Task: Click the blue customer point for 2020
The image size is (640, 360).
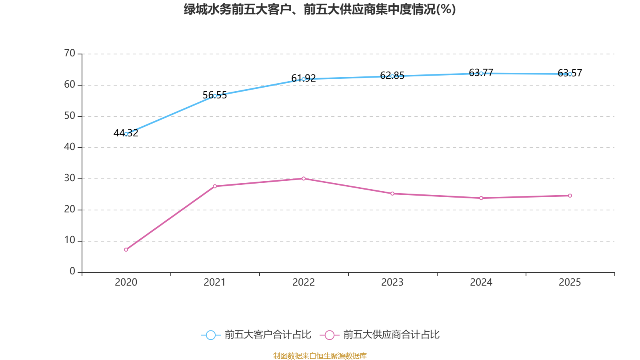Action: pyautogui.click(x=126, y=134)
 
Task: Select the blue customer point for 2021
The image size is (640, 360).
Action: pyautogui.click(x=215, y=96)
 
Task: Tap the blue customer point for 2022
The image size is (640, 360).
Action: pyautogui.click(x=304, y=79)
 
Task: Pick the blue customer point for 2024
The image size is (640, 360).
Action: pyautogui.click(x=481, y=73)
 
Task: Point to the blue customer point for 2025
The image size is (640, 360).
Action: pyautogui.click(x=570, y=74)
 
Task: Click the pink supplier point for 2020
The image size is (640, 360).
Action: pyautogui.click(x=126, y=250)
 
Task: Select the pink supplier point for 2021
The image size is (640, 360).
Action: pyautogui.click(x=215, y=186)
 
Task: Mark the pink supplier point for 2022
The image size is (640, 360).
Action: pyautogui.click(x=304, y=178)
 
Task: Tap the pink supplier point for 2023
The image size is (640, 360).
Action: pyautogui.click(x=392, y=194)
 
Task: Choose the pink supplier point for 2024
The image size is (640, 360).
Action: pyautogui.click(x=481, y=198)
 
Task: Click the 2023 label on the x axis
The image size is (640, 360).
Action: pyautogui.click(x=392, y=282)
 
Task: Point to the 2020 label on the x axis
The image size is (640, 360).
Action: pyautogui.click(x=126, y=282)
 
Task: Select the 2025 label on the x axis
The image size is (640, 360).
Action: pyautogui.click(x=570, y=282)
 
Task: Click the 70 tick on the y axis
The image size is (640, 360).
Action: pyautogui.click(x=70, y=53)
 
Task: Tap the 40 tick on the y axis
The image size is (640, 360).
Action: pyautogui.click(x=70, y=147)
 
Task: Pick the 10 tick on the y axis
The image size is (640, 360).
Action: pyautogui.click(x=70, y=240)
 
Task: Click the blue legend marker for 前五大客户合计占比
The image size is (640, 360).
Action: pyautogui.click(x=211, y=335)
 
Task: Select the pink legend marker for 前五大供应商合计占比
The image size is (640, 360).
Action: pyautogui.click(x=330, y=335)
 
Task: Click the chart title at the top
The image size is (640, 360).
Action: pyautogui.click(x=320, y=9)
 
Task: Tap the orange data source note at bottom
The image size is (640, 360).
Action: pyautogui.click(x=320, y=356)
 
